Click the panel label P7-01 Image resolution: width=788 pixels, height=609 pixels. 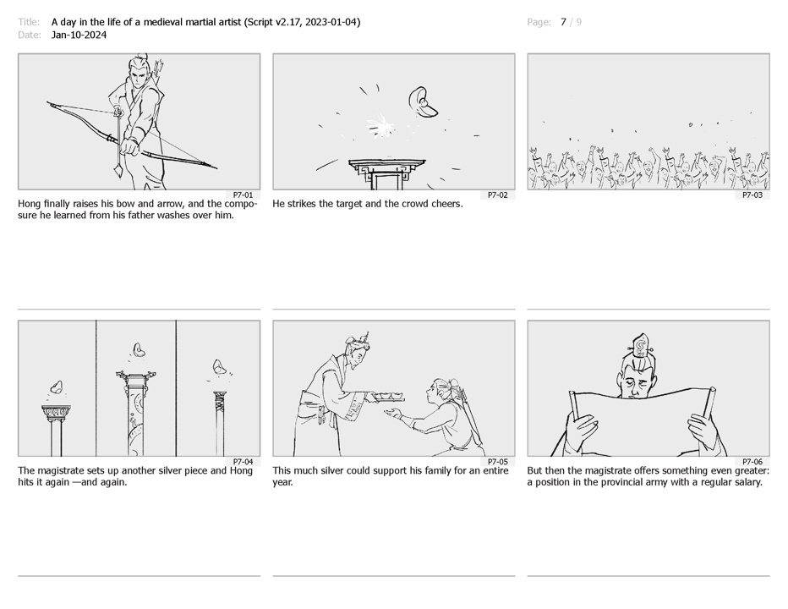243,195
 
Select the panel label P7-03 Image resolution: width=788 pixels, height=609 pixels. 752,195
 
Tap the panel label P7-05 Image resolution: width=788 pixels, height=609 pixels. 497,462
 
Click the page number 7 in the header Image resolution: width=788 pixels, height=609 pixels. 563,22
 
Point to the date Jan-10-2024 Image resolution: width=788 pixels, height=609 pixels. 79,36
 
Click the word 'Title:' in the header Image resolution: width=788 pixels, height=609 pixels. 29,22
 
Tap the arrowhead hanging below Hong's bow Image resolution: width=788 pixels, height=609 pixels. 118,171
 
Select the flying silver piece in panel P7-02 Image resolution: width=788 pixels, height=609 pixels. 423,102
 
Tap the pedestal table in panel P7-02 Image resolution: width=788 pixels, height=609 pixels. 387,174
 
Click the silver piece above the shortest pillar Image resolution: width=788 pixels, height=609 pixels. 56,388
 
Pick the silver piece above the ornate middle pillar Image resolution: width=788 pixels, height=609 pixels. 140,350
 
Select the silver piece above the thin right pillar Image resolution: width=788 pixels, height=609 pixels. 218,366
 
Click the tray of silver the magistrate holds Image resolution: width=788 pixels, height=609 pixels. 386,398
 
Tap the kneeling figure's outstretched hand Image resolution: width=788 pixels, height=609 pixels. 392,414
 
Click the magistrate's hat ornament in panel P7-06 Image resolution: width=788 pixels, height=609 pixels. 640,345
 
